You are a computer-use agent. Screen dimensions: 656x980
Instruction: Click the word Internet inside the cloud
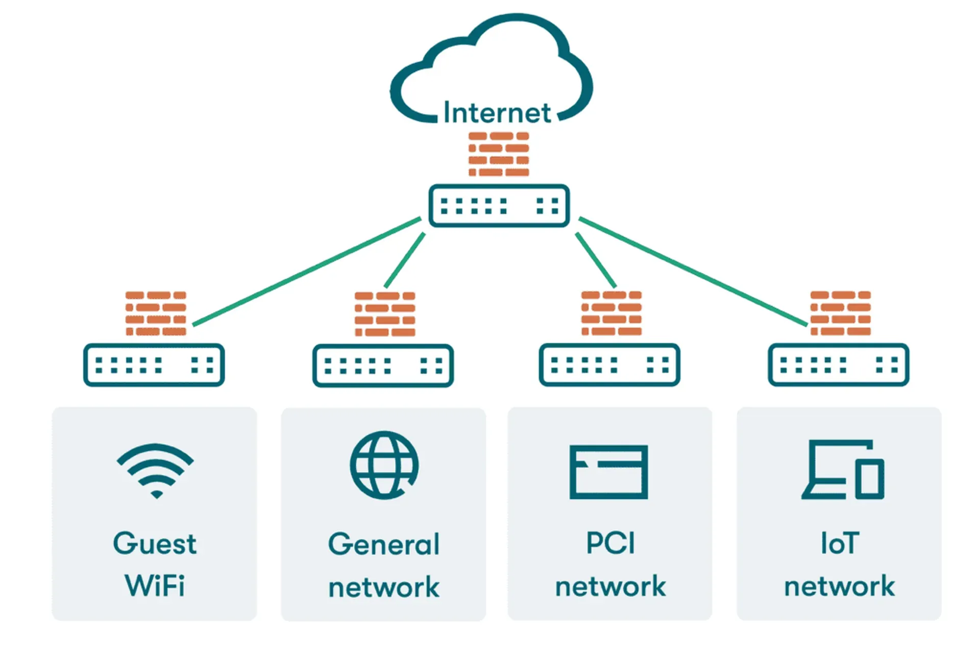coord(497,112)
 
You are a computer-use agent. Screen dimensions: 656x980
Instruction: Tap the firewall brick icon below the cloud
coord(499,154)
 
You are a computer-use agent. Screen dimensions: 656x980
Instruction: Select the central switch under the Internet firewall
coord(499,206)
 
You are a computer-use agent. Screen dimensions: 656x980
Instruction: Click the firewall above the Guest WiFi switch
coord(156,313)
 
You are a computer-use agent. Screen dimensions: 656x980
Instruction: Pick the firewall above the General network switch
coord(385,314)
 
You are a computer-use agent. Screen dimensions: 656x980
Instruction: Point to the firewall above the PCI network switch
coord(611,313)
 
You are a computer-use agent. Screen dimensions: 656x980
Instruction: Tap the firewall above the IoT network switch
coord(840,313)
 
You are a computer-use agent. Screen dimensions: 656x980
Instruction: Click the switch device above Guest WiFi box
coord(154,365)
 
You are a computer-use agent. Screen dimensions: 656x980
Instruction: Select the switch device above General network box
coord(383,366)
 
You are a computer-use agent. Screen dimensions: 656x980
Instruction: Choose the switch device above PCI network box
coord(609,365)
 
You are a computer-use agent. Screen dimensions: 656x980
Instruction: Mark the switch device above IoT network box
coord(838,365)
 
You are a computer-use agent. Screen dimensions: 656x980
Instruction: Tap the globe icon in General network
coord(384,465)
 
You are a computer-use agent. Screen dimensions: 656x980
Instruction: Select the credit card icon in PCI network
coord(608,472)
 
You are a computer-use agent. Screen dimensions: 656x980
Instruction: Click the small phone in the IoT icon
coord(869,478)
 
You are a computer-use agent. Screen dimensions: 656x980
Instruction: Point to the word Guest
coord(154,543)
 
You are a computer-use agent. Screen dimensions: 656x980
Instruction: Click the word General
coord(383,544)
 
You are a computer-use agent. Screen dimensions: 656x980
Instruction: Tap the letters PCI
coord(610,543)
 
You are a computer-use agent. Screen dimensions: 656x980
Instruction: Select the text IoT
coord(840,543)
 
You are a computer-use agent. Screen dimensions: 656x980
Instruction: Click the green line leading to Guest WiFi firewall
coord(306,271)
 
